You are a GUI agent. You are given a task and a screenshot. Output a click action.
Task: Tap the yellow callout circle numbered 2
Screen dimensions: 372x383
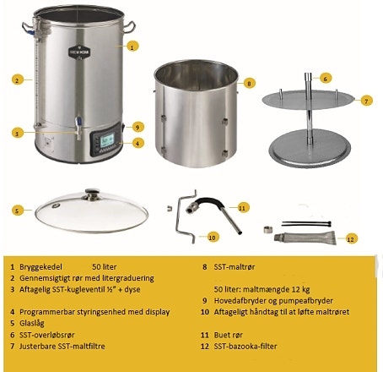pyautogui.click(x=16, y=80)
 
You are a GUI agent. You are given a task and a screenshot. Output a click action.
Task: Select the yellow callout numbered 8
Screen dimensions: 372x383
pyautogui.click(x=249, y=83)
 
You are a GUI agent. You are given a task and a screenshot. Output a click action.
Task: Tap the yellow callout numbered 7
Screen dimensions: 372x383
pyautogui.click(x=366, y=100)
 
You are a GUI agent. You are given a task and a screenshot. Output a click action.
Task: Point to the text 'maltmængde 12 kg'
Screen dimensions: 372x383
pyautogui.click(x=278, y=288)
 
